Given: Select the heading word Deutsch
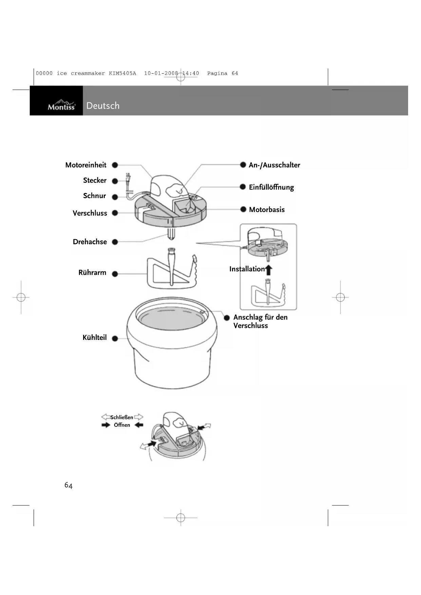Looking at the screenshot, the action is click(103, 105).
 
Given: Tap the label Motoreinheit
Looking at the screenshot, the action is click(85, 165).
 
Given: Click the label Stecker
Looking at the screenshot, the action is click(95, 180).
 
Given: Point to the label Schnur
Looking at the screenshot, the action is click(94, 196).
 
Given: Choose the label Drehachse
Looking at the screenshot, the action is click(90, 242).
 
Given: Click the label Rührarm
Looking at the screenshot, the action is click(92, 273).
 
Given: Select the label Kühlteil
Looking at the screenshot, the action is click(94, 338).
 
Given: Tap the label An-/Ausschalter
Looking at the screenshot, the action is click(274, 165).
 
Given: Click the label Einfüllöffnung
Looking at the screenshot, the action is click(271, 187).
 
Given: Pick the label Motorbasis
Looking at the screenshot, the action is click(267, 210).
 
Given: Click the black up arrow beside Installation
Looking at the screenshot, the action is click(269, 270).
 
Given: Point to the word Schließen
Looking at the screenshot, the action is click(121, 417).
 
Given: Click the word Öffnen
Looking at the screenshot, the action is click(122, 425).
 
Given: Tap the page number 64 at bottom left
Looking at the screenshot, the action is click(69, 485).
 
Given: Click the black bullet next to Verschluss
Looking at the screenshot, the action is click(115, 213).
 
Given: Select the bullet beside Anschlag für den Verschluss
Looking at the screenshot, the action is click(227, 318).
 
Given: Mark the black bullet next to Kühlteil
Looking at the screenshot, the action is click(115, 338).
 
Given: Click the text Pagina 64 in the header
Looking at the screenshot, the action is click(223, 73).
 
